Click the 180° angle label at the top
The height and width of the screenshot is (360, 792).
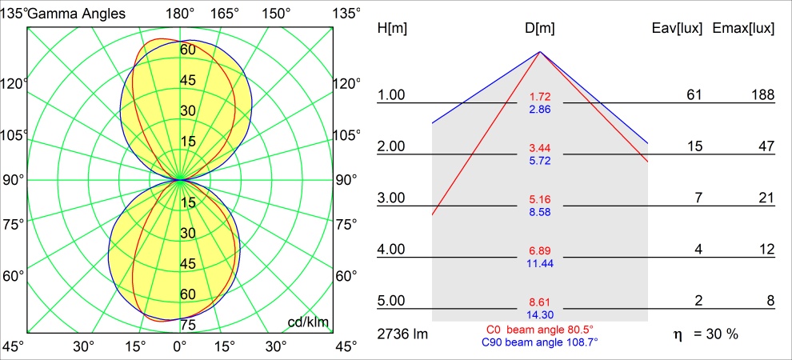point(180,13)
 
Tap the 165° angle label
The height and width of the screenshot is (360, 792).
point(227,13)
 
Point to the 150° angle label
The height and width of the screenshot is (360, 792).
point(276,13)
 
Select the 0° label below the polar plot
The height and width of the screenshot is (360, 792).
point(180,346)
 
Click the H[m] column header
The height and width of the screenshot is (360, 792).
point(392,29)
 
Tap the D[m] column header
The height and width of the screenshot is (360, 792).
point(540,29)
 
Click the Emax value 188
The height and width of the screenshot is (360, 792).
point(762,95)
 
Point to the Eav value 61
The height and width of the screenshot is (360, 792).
point(694,95)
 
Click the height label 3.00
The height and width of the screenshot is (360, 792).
point(392,198)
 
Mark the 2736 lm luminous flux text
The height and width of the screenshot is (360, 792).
point(402,334)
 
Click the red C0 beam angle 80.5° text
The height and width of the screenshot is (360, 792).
point(540,330)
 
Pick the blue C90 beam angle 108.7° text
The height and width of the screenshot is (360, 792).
point(540,342)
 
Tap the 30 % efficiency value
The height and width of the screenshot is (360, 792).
point(721,334)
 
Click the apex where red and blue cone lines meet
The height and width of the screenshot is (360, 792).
point(540,52)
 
